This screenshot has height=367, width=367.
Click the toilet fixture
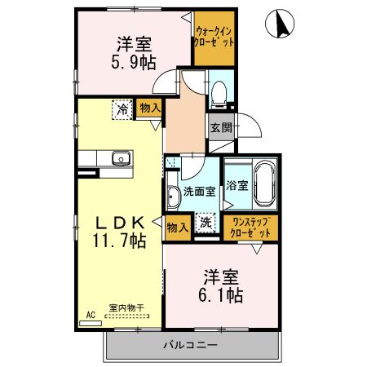coord(219,95)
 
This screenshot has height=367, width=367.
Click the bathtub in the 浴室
coord(265,179)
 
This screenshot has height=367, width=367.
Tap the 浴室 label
coord(237,185)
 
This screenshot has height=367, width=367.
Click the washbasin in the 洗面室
coord(175,195)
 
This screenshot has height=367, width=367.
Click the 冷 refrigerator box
coord(122,107)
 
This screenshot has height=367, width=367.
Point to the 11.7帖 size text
coord(118,241)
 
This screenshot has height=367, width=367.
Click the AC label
coord(91,312)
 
